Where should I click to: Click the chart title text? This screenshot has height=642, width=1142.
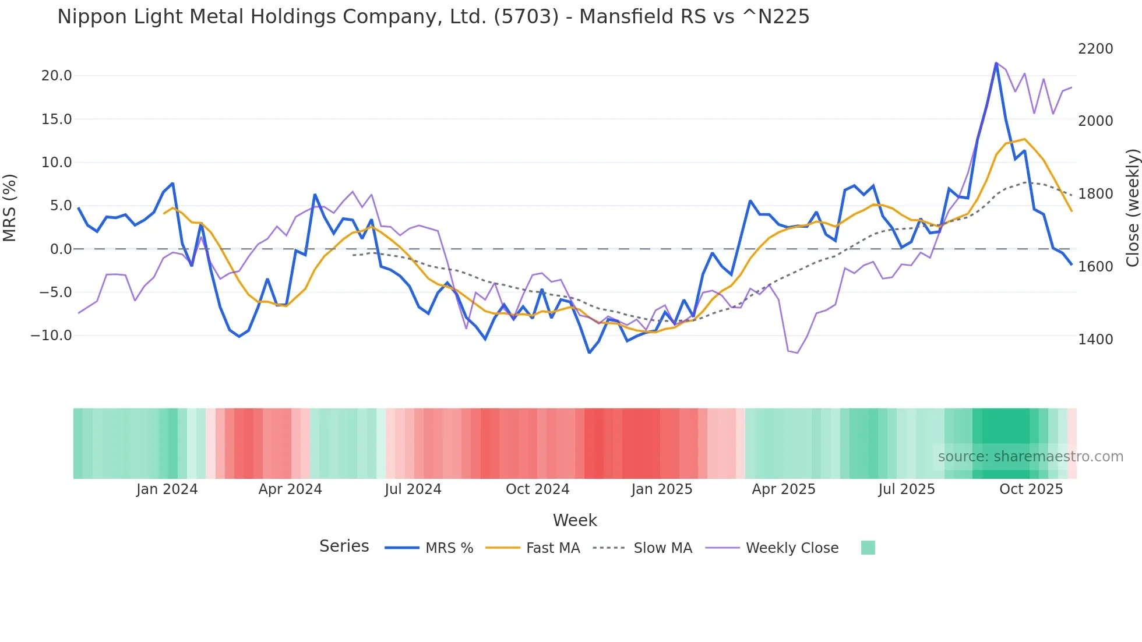click(433, 17)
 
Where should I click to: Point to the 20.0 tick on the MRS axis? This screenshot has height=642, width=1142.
click(57, 76)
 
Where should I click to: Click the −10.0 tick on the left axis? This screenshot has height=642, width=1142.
click(51, 336)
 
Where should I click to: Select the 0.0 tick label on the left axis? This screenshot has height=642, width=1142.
click(61, 249)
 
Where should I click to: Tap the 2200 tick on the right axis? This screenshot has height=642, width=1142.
click(1095, 49)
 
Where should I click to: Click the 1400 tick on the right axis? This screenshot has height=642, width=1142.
click(1095, 339)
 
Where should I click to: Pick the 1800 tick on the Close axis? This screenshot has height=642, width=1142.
click(1095, 194)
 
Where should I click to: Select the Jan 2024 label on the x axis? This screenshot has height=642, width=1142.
click(167, 489)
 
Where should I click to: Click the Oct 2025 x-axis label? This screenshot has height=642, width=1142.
click(1031, 489)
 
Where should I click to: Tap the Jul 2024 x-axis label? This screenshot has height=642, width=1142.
click(413, 489)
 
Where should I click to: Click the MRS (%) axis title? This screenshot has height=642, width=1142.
click(10, 207)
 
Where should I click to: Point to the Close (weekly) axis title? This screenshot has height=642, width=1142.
click(1132, 207)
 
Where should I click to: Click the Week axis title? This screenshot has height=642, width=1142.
click(574, 520)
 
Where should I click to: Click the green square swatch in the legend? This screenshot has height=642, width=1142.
click(868, 548)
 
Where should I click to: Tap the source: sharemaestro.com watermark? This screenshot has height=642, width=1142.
click(1030, 457)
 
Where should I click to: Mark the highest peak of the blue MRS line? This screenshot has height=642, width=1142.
click(996, 63)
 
